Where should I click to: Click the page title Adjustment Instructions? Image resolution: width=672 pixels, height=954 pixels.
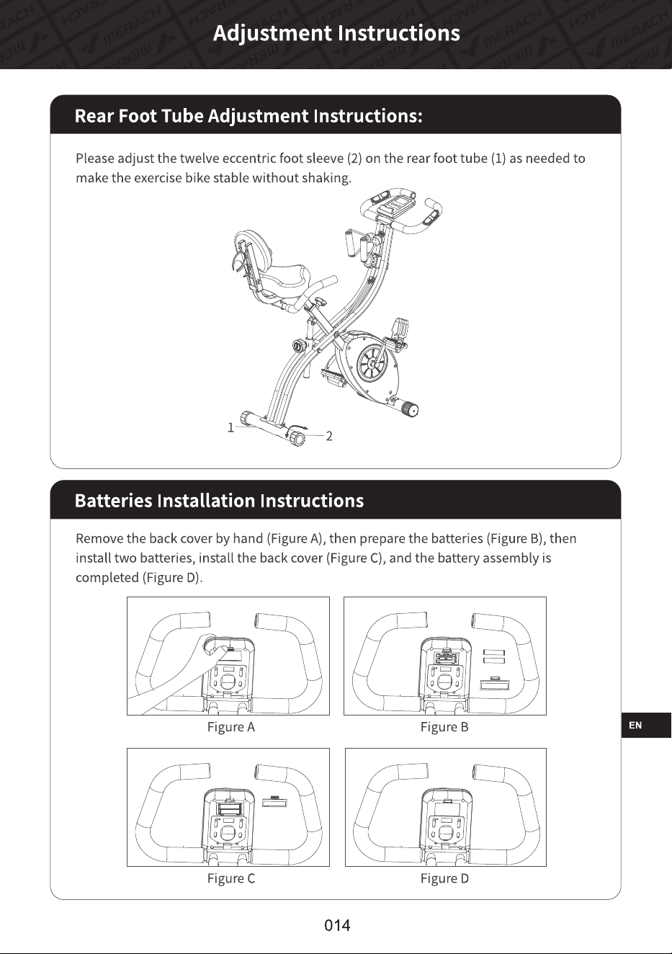[x=336, y=33]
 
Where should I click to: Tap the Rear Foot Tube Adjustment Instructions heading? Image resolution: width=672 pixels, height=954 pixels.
[x=248, y=116]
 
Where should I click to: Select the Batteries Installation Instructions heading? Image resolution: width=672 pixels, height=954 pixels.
[x=219, y=501]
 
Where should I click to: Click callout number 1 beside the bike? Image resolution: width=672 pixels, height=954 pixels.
[x=230, y=427]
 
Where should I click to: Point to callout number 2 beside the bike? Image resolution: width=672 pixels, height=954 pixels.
[x=329, y=436]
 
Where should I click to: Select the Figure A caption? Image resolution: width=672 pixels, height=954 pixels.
[x=231, y=727]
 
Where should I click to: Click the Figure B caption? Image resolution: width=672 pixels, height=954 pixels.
[x=444, y=727]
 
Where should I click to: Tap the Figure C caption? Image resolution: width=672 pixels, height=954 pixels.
[x=231, y=878]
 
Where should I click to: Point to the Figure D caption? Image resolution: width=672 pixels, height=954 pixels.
[x=444, y=878]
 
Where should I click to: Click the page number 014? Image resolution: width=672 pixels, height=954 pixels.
[x=337, y=925]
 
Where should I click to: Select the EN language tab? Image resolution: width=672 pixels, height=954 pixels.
[x=635, y=726]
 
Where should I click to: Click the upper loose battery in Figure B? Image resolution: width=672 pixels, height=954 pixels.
[x=494, y=653]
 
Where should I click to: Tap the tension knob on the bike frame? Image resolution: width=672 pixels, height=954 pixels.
[x=299, y=345]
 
